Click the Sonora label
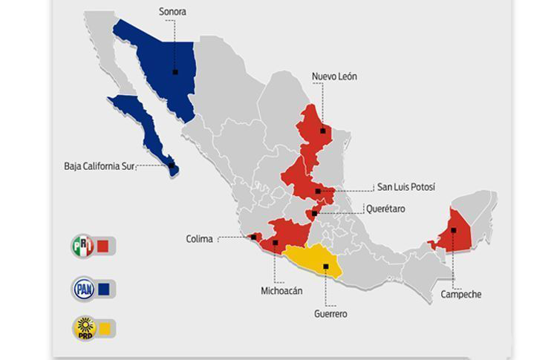coord(172,12)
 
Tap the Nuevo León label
coord(334,76)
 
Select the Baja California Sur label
coord(103,166)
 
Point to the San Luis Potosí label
coord(406,187)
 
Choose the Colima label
coord(199,239)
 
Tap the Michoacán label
coord(281,291)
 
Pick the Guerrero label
coord(331,314)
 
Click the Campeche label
coord(460,295)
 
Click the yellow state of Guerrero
coord(316,260)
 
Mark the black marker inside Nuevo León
coord(323,131)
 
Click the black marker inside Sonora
coord(175,72)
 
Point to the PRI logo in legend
coord(82,246)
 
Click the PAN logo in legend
coord(82,288)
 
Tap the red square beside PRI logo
coord(103,246)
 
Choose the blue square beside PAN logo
coord(104,288)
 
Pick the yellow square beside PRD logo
coord(105,328)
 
